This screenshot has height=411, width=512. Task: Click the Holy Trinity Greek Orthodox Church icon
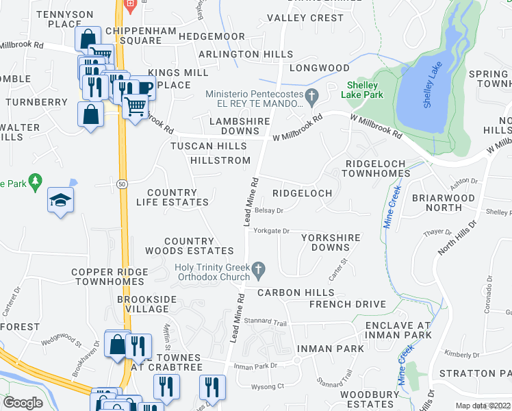[x=259, y=272]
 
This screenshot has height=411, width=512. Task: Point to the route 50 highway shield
[x=122, y=184]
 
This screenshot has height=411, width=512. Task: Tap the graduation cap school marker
[x=60, y=200]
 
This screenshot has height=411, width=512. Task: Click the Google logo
[x=23, y=403]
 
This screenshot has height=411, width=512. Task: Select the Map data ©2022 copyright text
[x=483, y=406]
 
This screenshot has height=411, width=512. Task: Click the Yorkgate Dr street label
[x=272, y=232]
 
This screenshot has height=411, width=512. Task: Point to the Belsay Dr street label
[x=268, y=211]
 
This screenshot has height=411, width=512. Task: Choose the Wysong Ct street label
[x=268, y=386]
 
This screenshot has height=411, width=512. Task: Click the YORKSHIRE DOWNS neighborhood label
[x=331, y=242]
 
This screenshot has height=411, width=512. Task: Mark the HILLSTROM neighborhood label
[x=220, y=160]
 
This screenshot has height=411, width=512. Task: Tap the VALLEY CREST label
[x=305, y=18]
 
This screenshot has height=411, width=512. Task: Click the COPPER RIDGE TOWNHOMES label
[x=110, y=277]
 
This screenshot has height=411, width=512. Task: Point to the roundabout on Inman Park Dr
[x=297, y=360]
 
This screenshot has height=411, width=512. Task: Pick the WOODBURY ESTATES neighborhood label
[x=370, y=400]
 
